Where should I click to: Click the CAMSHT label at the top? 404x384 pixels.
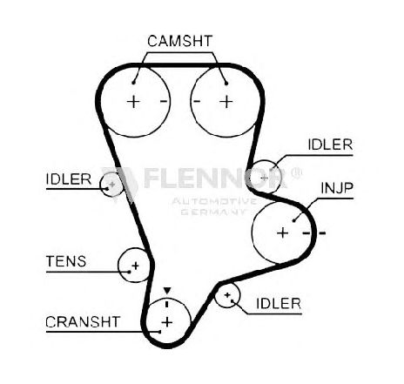pos(180,41)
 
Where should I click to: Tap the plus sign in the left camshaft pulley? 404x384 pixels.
pos(133,102)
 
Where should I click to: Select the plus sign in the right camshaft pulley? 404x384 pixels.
pos(226,102)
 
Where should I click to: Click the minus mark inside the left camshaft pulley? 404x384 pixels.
pos(164,101)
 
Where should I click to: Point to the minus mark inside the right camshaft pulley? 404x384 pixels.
pos(197,101)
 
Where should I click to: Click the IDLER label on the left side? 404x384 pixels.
pos(69,179)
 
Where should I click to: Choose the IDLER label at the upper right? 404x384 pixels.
pos(330,145)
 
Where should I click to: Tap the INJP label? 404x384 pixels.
pos(337,188)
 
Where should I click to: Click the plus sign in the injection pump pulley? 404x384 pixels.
pos(282,232)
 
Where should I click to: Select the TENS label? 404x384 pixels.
pos(66,261)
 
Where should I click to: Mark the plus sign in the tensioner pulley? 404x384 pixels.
pos(135,266)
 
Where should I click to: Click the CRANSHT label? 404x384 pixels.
pos(83,321)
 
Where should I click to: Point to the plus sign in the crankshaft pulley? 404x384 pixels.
pos(167,322)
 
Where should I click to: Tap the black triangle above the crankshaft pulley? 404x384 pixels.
pos(167,290)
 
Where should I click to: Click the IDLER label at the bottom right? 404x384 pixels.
pos(279,304)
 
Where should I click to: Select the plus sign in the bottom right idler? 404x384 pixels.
pos(227,295)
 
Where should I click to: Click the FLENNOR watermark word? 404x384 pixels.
pos(215,178)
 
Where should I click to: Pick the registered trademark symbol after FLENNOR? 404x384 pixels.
pos(296,173)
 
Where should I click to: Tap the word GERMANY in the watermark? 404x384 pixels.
pos(213,212)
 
